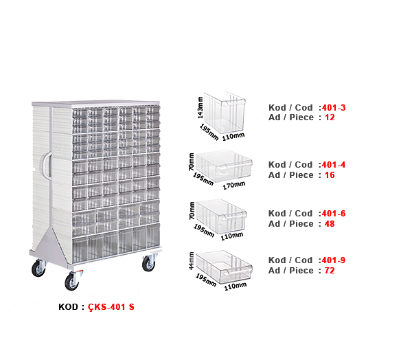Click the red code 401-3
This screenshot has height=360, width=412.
coord(333,108)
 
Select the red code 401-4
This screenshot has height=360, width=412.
coord(333,165)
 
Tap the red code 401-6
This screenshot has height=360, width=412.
coord(333,214)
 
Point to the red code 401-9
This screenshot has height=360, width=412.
coord(333,260)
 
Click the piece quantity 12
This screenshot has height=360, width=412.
coord(329,117)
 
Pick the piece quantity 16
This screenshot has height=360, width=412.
coord(329,175)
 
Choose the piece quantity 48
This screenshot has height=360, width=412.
coord(329,223)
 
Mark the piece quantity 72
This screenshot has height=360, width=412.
coord(329,270)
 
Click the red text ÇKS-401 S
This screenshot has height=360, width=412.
coord(111,307)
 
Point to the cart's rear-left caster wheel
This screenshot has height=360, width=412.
coord(35,267)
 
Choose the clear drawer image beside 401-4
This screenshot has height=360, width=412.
coord(221,167)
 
